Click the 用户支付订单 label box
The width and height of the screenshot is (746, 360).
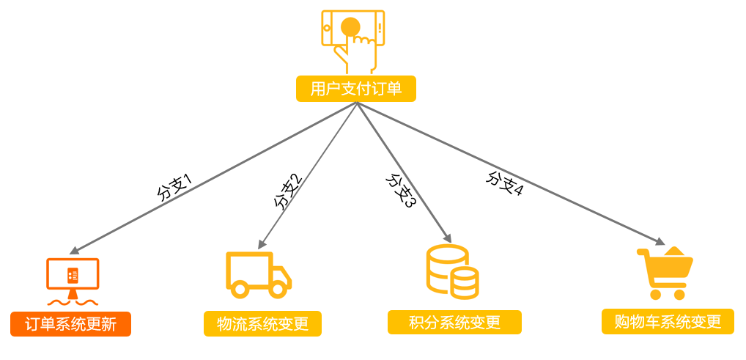(356, 89)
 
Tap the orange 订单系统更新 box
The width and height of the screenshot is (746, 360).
(70, 324)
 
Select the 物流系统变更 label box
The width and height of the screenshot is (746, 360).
(262, 324)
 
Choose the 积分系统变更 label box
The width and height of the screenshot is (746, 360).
(454, 323)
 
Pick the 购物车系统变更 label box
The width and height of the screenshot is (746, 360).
(668, 321)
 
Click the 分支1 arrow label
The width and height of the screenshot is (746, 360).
(174, 188)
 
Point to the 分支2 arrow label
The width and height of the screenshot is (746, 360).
(288, 193)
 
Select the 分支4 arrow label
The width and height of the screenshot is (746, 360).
(504, 183)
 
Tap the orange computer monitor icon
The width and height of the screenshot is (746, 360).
(73, 281)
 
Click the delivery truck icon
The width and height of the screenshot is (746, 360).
(259, 275)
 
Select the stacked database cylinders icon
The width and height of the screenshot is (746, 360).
(451, 271)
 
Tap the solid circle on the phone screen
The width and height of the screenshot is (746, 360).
(350, 26)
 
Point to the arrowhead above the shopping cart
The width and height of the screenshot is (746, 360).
(660, 241)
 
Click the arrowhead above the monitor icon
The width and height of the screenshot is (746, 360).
(74, 250)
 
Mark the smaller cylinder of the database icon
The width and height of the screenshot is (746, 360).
(465, 283)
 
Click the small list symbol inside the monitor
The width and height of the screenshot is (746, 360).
(73, 273)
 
